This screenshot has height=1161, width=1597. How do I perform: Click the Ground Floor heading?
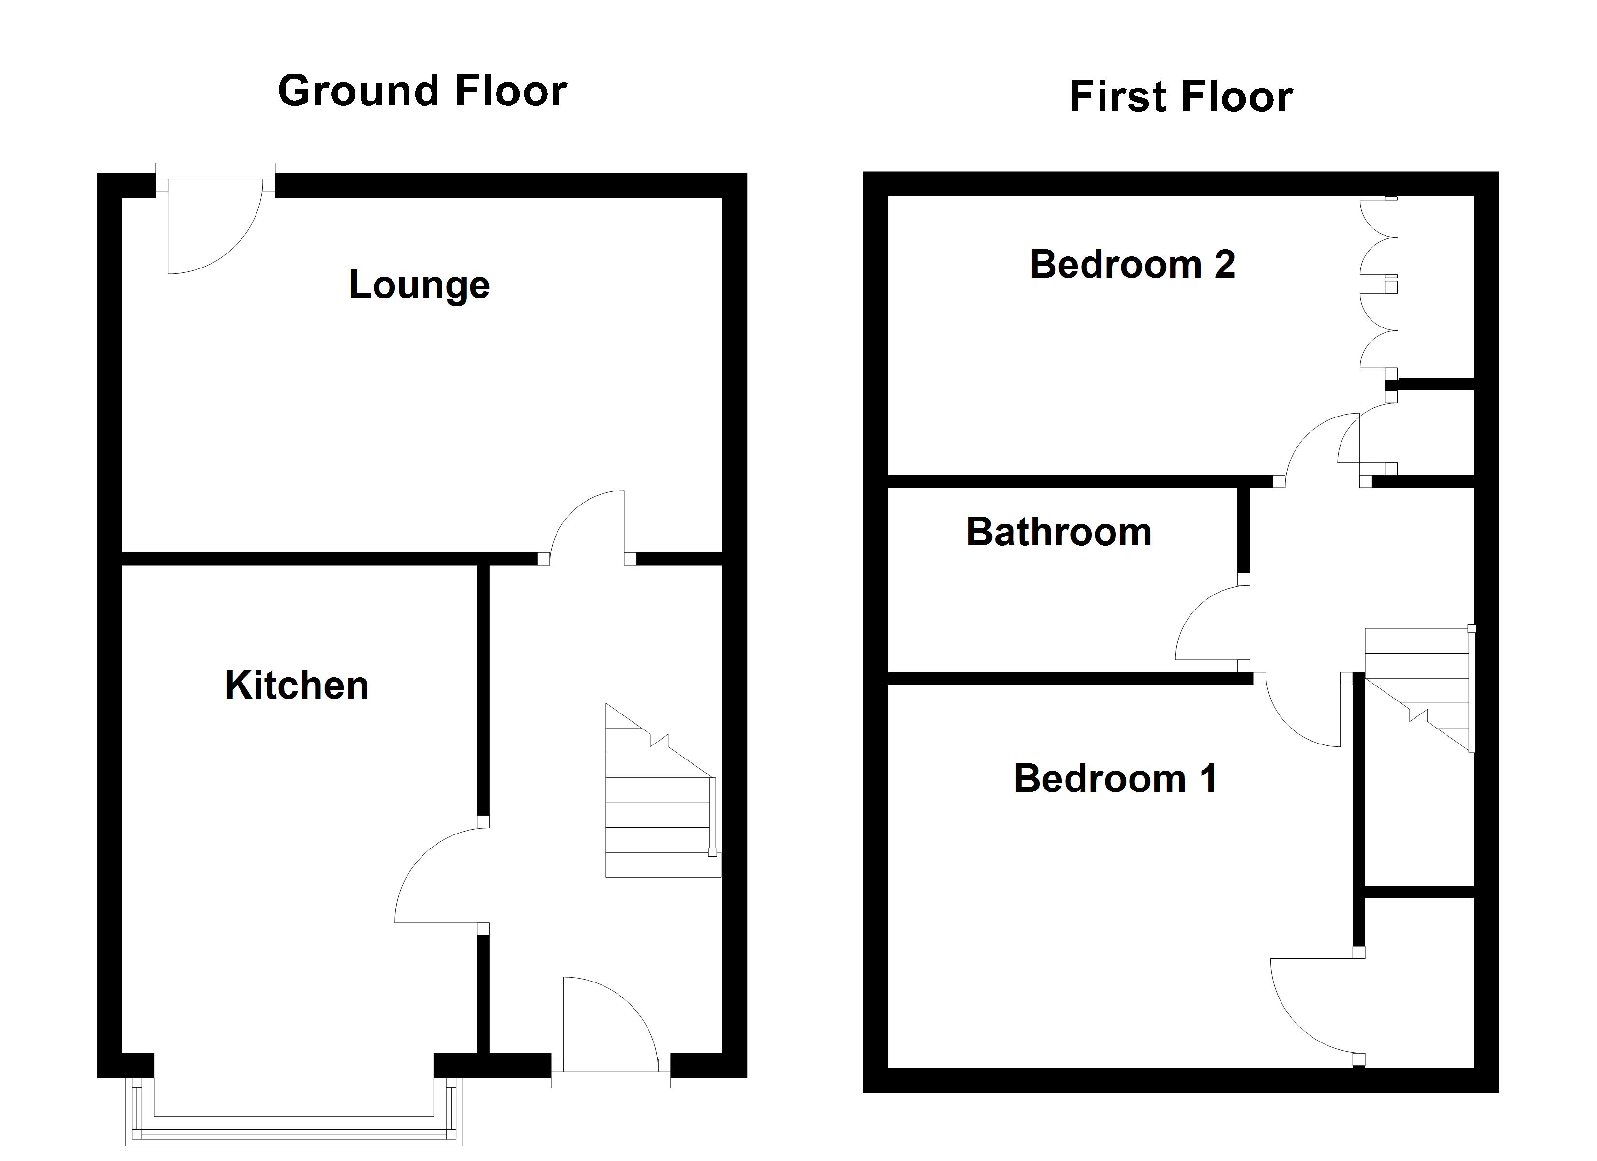pyautogui.click(x=422, y=91)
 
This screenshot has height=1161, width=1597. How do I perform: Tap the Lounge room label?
pyautogui.click(x=420, y=285)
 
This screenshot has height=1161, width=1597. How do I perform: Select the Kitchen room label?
pyautogui.click(x=297, y=685)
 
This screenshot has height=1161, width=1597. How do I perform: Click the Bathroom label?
pyautogui.click(x=1058, y=532)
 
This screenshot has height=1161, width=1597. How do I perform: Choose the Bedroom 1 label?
pyautogui.click(x=1115, y=779)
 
